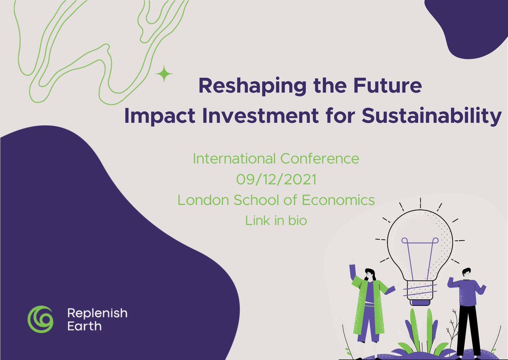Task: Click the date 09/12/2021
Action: (x=276, y=179)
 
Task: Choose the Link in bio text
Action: (x=276, y=220)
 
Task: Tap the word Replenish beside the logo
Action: (x=97, y=313)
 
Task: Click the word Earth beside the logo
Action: (x=84, y=326)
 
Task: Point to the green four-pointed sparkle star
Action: (x=164, y=75)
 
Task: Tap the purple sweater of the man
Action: (x=466, y=289)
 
